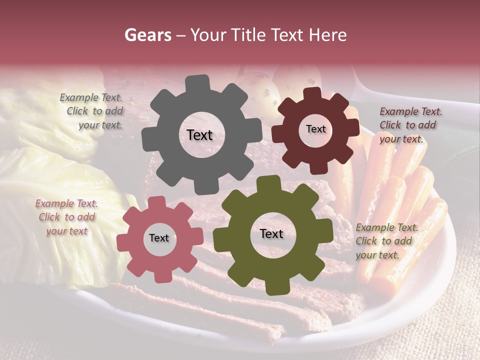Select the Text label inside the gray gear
[x=199, y=135]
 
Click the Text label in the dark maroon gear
[x=315, y=129]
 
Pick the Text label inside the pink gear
[x=158, y=238]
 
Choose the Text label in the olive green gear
[x=271, y=234]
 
